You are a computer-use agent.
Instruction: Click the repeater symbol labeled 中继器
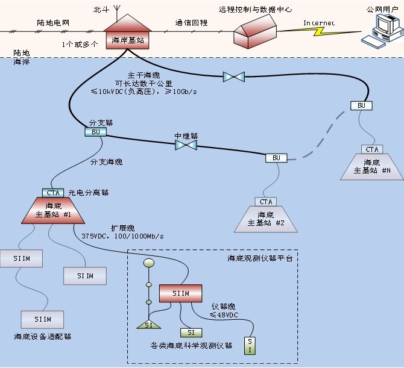186,145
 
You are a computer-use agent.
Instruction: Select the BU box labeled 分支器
95,132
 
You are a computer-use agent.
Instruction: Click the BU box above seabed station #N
361,105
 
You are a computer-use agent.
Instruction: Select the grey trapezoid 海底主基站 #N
371,167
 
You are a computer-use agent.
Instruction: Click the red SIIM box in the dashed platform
180,293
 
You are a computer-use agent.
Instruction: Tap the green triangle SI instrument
148,325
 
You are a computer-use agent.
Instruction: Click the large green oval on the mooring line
148,263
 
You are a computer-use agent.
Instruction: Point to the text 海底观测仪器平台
260,258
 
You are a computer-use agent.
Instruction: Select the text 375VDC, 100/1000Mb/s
122,236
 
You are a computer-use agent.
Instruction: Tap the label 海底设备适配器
43,337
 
